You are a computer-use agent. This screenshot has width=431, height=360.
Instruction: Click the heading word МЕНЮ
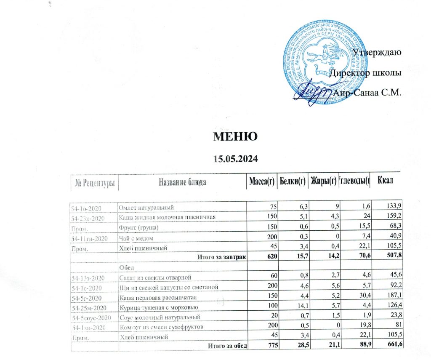point(236,137)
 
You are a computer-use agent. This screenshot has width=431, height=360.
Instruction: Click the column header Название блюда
point(182,182)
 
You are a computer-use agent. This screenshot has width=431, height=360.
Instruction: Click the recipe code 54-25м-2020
point(90,308)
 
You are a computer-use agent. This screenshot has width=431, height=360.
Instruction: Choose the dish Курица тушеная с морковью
point(156,308)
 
